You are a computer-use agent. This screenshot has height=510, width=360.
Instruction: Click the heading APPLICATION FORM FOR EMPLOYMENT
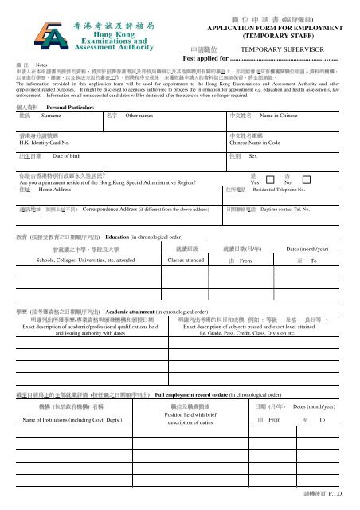(273, 26)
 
